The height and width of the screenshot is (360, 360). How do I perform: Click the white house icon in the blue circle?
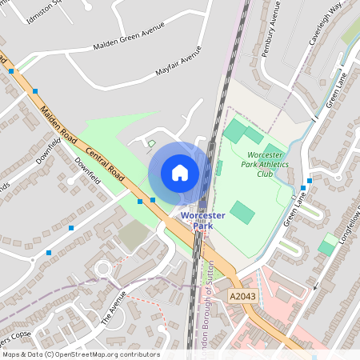[x=180, y=173]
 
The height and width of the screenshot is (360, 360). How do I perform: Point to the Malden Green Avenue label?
[x=130, y=36]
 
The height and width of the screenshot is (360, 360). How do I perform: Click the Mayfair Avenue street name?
[x=179, y=66]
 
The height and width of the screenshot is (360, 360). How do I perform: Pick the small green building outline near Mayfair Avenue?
[x=151, y=144]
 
